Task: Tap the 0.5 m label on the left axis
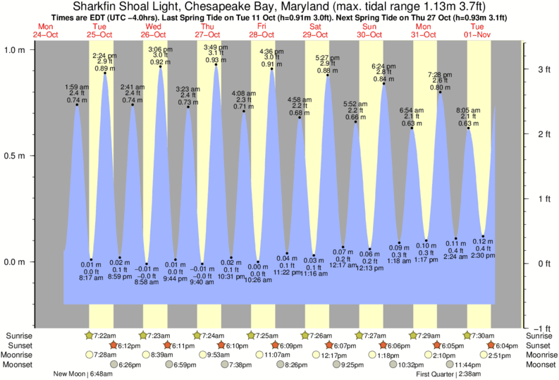coord(16,155)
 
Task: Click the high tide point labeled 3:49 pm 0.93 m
coord(216,66)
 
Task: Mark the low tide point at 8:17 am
coord(91,259)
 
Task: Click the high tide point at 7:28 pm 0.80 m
coord(440,92)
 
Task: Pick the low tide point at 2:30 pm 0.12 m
coord(483,236)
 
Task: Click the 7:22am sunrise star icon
coord(90,335)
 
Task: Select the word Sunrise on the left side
coord(18,335)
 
